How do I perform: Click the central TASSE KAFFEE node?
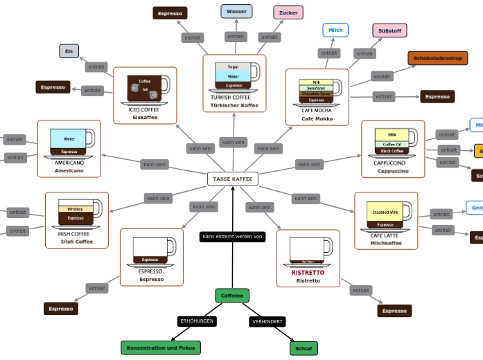coord(233,179)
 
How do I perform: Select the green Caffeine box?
coord(232,296)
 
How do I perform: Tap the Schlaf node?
coord(304,348)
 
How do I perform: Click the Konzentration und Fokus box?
coord(161,348)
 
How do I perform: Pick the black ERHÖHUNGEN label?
coord(197,321)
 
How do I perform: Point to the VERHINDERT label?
coord(267,322)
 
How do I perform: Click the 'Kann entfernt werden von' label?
coord(233,237)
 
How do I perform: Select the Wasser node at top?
coord(236,11)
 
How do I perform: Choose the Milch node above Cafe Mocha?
coord(335,30)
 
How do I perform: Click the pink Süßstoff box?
coord(389,30)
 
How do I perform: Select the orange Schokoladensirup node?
coord(437,58)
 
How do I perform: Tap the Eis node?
coord(69,51)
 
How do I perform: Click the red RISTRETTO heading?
coord(308,273)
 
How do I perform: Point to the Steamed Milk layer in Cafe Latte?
coord(385,212)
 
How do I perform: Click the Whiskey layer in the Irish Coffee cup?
coord(75,209)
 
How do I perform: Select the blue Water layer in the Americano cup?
coord(69,138)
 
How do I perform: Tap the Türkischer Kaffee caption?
coord(234,105)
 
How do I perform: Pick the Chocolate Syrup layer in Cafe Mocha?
coord(316,93)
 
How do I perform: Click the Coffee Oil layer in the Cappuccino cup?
coord(392,144)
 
